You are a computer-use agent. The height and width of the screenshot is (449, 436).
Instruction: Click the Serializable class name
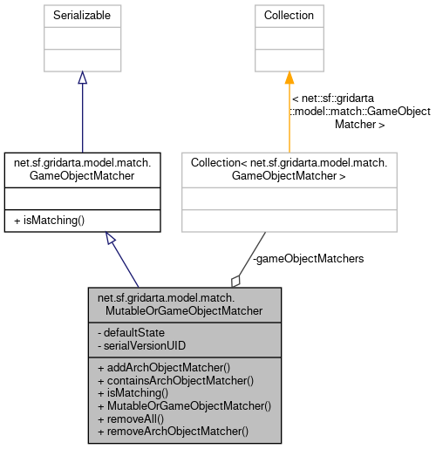coord(81,16)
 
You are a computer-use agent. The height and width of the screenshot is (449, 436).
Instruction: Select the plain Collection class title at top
coord(289,16)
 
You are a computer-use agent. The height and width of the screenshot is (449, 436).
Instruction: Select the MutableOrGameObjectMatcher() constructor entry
coord(184,405)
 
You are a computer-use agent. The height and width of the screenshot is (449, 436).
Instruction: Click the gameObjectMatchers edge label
coord(308,259)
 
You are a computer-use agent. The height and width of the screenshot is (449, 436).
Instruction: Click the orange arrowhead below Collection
coord(289,78)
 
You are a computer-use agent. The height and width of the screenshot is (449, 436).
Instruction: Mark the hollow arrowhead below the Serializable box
coord(82,78)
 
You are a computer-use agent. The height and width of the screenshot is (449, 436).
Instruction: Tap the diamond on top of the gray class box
coord(235,280)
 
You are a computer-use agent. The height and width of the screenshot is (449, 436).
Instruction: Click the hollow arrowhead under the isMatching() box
coord(110,238)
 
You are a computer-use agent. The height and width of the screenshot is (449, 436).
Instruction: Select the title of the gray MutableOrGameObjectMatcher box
coord(185,304)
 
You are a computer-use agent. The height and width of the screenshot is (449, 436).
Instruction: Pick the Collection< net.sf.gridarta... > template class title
coord(289,168)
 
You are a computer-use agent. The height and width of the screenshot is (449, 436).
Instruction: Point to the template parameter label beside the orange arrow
coord(360,112)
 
